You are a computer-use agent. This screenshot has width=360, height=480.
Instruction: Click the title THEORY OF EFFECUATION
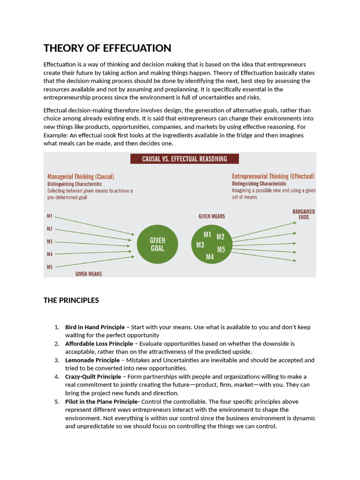pyautogui.click(x=107, y=48)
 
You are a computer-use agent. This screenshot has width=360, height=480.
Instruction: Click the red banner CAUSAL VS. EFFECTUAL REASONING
pyautogui.click(x=184, y=159)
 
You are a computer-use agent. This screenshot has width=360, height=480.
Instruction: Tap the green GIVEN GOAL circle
pyautogui.click(x=157, y=244)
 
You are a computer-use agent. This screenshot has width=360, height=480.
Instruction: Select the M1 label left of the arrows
pyautogui.click(x=50, y=217)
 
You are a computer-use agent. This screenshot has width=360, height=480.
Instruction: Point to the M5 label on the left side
pyautogui.click(x=50, y=267)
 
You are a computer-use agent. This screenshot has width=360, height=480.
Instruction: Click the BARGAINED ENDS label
pyautogui.click(x=303, y=214)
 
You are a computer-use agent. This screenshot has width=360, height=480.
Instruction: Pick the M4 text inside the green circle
pyautogui.click(x=210, y=257)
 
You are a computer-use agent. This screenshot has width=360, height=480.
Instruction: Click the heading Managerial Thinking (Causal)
pyautogui.click(x=81, y=177)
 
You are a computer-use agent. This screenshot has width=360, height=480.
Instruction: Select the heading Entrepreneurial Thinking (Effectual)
pyautogui.click(x=273, y=176)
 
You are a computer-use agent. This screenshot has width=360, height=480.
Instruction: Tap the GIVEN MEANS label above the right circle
pyautogui.click(x=211, y=217)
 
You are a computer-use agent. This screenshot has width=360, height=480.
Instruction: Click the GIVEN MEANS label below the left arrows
pyautogui.click(x=89, y=274)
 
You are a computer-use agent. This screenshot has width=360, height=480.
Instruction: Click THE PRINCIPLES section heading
pyautogui.click(x=71, y=300)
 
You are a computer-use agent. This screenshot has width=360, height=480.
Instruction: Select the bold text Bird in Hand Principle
pyautogui.click(x=95, y=327)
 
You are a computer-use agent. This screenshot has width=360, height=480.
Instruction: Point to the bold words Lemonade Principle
pyautogui.click(x=92, y=360)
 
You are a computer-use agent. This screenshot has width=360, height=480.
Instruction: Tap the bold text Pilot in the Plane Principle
pyautogui.click(x=103, y=402)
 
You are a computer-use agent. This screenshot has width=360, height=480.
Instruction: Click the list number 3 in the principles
pyautogui.click(x=57, y=360)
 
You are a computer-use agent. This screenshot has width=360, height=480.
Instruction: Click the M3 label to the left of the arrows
pyautogui.click(x=50, y=242)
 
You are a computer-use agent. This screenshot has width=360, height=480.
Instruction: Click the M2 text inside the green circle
pyautogui.click(x=220, y=237)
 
